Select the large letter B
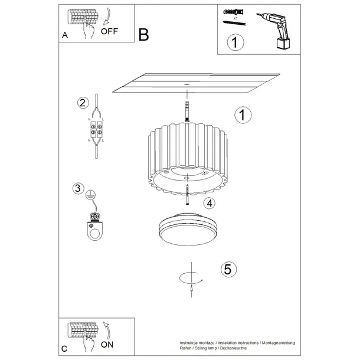coord(143,35)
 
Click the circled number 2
coord(83,103)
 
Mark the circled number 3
coord(77,189)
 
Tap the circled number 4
coord(208,204)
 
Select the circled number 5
coord(230,269)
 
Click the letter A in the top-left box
coord(65,35)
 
